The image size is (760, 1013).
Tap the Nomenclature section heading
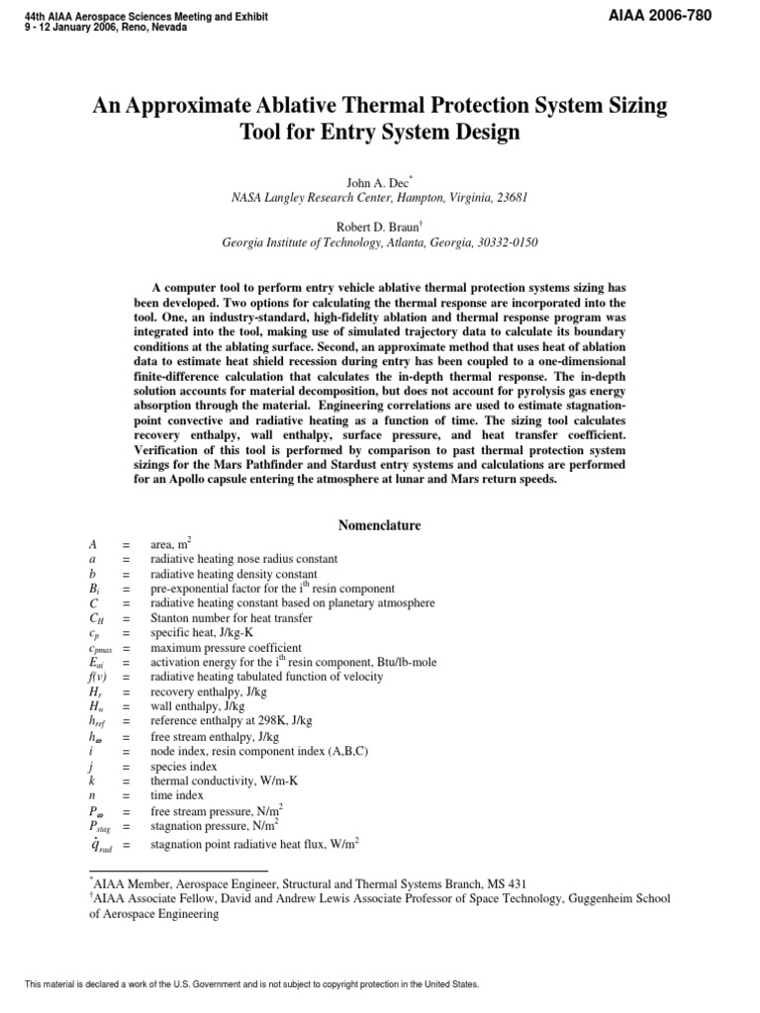380,525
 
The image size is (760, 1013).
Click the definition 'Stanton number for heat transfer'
231,617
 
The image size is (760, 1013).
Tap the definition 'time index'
177,795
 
